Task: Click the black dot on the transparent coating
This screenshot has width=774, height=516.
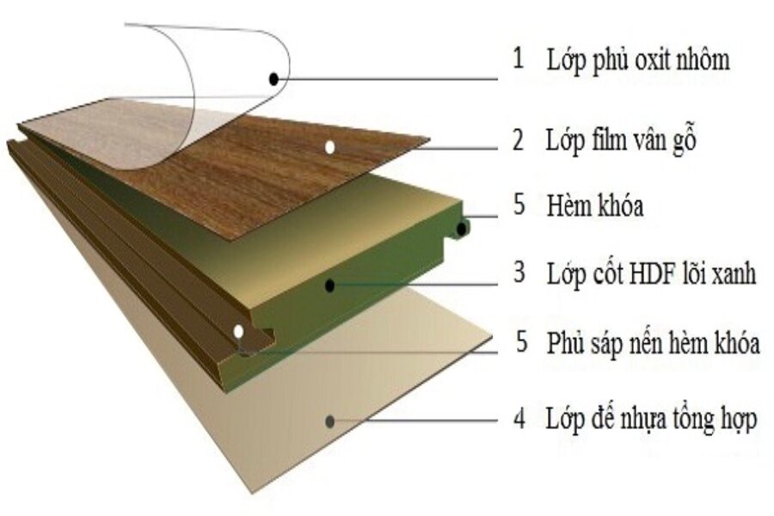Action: click(274, 78)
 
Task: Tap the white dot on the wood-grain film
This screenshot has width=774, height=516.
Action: click(330, 147)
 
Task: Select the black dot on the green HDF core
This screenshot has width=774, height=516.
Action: click(330, 285)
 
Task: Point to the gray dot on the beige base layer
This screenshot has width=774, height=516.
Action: click(330, 421)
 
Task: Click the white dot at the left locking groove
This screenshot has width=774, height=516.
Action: click(239, 331)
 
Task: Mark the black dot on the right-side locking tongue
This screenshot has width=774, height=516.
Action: click(462, 229)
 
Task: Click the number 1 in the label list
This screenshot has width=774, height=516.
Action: click(518, 58)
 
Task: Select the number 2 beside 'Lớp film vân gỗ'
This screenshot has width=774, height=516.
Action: click(518, 139)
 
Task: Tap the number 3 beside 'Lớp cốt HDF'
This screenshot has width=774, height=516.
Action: click(519, 272)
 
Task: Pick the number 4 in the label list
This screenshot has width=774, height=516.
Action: click(519, 419)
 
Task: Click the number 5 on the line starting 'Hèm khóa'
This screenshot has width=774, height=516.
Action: click(519, 204)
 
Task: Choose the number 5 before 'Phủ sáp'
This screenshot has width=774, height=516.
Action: click(522, 341)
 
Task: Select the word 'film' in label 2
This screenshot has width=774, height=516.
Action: click(608, 139)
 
